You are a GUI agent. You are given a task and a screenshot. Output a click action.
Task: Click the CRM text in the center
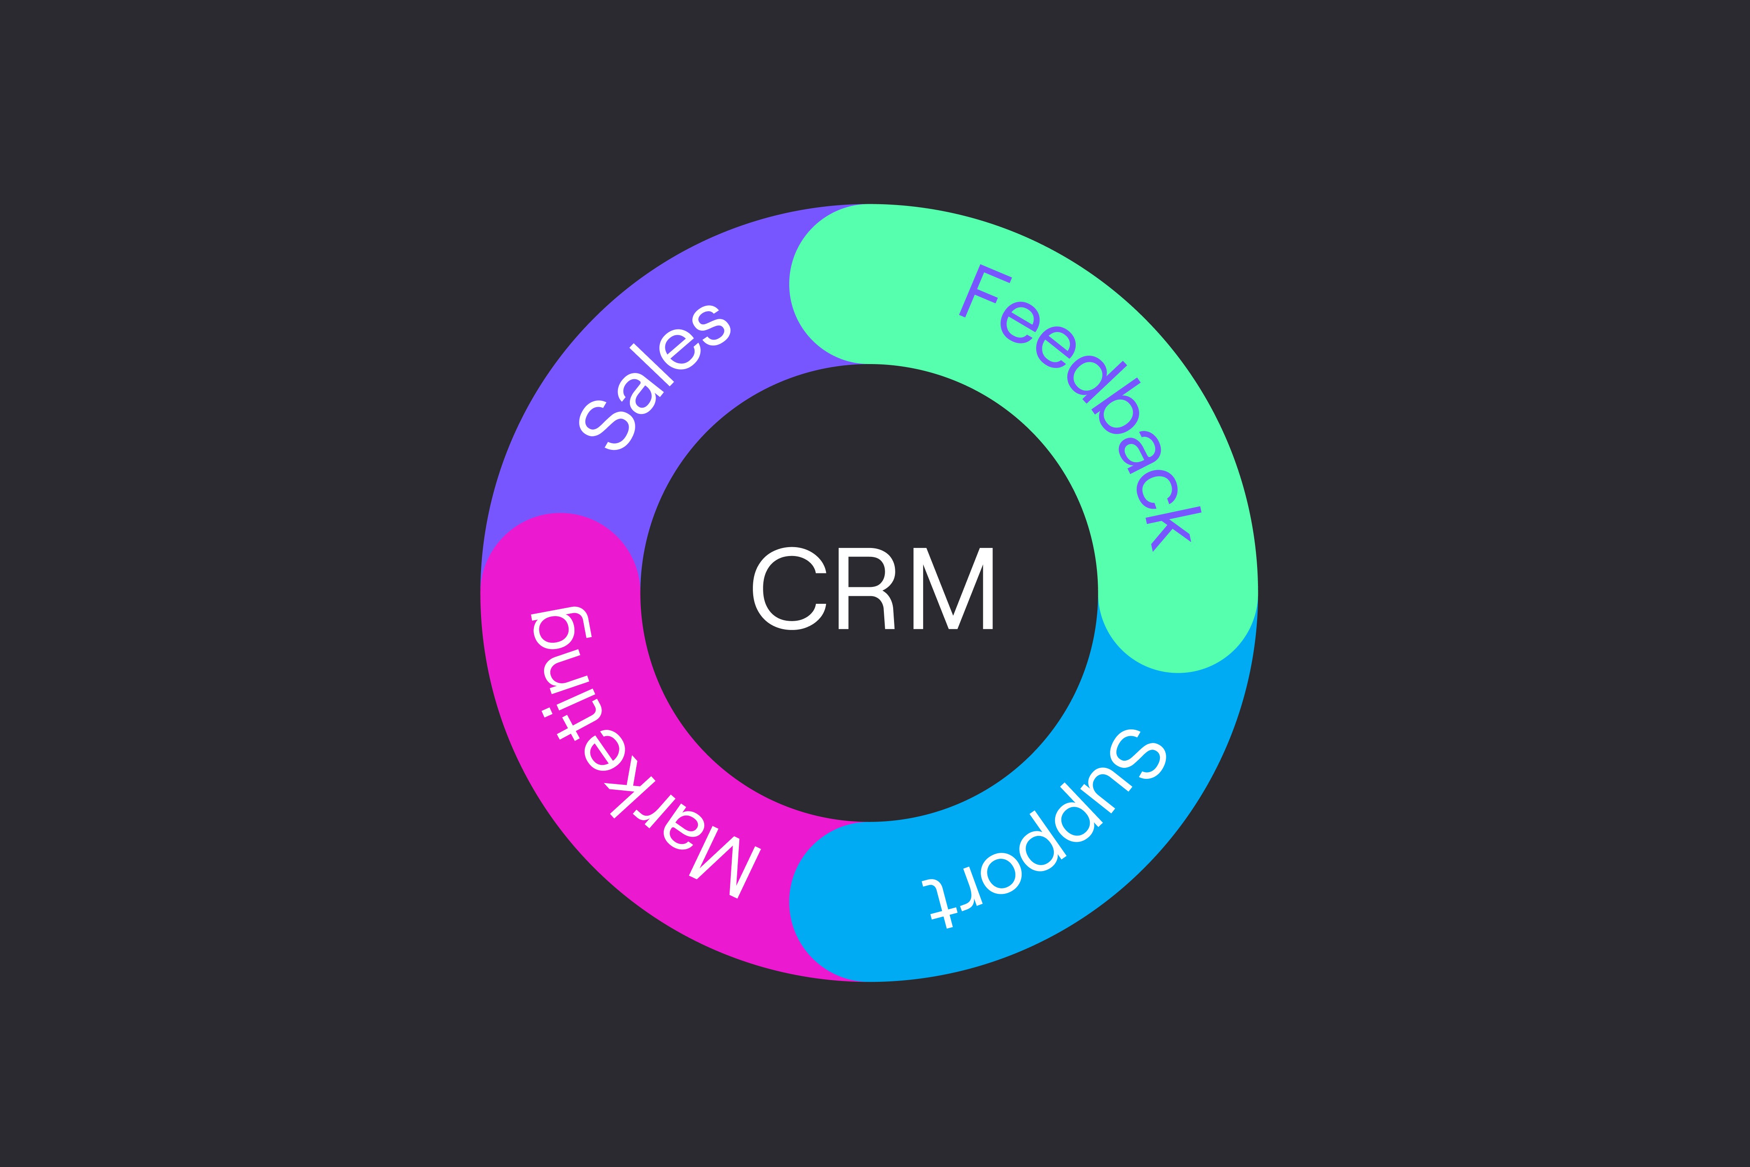[x=873, y=589]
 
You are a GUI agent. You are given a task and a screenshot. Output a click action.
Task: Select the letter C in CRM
[x=789, y=589]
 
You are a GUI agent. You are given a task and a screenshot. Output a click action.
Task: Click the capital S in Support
[x=1138, y=756]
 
